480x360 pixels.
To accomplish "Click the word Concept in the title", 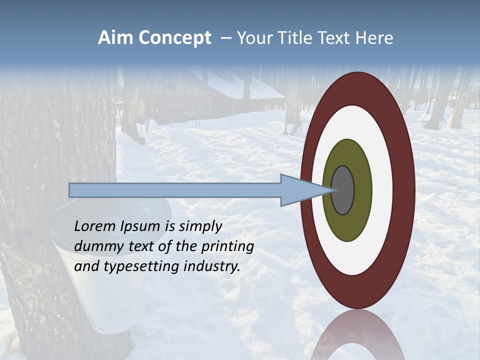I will [174, 38].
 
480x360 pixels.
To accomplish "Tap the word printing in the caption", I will [227, 246].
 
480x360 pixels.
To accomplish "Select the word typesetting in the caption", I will [141, 266].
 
